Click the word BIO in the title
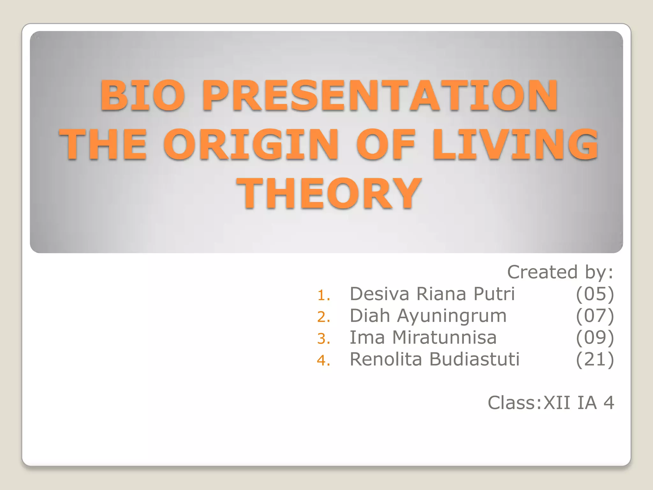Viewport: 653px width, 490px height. click(143, 95)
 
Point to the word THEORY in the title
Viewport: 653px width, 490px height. click(329, 194)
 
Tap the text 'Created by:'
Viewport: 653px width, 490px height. click(560, 272)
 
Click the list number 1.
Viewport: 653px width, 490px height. click(323, 295)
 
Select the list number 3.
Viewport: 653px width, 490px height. click(323, 338)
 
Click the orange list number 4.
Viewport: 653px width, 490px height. click(323, 360)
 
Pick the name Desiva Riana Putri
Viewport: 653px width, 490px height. click(432, 294)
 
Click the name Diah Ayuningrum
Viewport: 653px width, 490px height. click(428, 316)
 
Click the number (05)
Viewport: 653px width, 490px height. click(595, 294)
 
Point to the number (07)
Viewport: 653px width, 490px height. click(595, 316)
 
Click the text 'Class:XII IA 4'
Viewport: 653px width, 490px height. click(551, 403)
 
